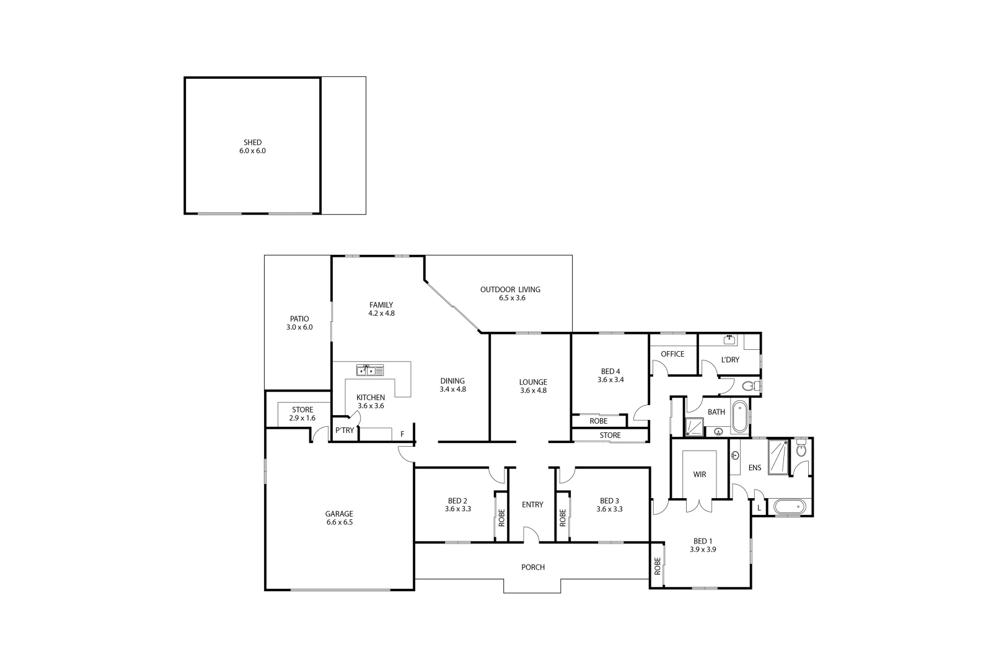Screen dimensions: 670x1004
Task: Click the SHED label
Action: pos(252,143)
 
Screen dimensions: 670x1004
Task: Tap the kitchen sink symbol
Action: pos(369,370)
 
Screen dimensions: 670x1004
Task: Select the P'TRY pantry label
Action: pos(345,431)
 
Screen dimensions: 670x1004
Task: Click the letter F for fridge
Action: pos(402,434)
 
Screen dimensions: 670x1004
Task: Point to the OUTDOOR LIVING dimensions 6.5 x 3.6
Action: pos(511,298)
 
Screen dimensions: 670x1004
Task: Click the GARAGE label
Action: pos(339,514)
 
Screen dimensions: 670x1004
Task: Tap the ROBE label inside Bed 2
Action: pos(501,517)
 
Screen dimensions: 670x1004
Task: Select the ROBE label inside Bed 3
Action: pos(563,517)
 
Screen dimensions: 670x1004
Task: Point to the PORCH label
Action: pos(532,567)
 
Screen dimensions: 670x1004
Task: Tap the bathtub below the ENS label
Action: pos(789,507)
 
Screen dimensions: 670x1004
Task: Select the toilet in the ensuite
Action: pos(801,449)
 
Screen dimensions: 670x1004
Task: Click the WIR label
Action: pos(699,475)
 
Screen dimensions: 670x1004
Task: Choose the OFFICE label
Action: pos(672,354)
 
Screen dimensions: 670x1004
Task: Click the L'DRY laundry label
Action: pos(730,360)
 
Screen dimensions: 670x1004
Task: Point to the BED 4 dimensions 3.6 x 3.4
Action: pos(610,380)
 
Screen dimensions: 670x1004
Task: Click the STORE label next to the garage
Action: pos(302,410)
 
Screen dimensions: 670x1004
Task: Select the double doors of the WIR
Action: pos(699,504)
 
